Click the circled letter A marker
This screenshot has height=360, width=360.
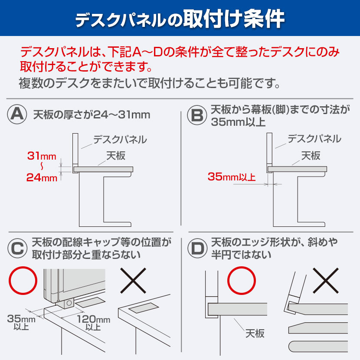tap(18, 115)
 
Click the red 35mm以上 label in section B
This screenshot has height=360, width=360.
tap(232, 177)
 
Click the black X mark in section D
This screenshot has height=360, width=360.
tap(325, 281)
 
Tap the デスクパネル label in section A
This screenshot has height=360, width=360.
tap(120, 139)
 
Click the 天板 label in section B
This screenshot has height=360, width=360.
tap(311, 155)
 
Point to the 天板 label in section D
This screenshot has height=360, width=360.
tap(255, 334)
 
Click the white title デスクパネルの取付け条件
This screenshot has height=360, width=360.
tap(180, 19)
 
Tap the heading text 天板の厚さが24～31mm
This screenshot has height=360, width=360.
tap(92, 115)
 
